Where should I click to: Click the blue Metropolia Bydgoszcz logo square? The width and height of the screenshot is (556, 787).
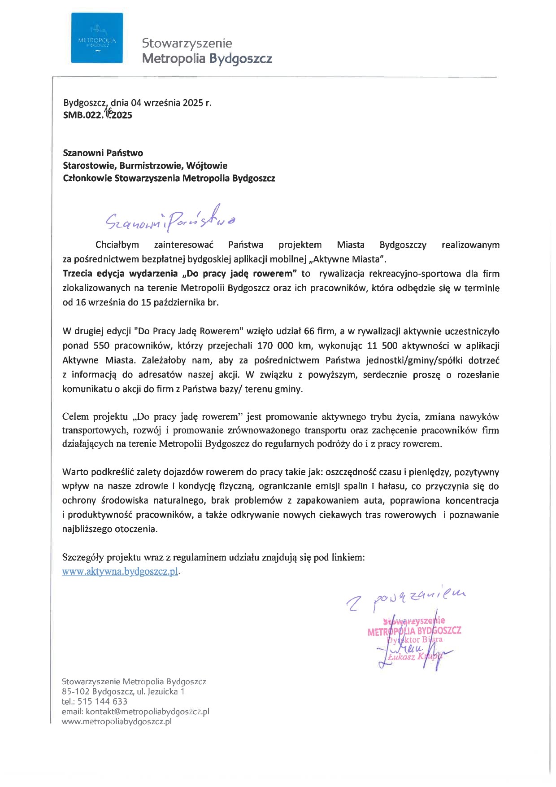tap(97, 38)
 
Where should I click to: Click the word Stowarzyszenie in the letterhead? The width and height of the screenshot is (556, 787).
tap(187, 43)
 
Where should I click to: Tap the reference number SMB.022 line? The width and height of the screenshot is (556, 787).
tap(98, 115)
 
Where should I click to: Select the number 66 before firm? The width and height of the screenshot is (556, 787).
tap(309, 332)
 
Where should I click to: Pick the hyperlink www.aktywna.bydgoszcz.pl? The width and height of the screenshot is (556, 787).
tap(120, 572)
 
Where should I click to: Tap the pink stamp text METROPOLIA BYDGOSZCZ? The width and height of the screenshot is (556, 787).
tap(414, 631)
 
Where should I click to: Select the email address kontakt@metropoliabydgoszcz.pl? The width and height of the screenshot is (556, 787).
tap(148, 712)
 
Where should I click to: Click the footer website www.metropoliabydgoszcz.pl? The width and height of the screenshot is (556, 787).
tap(117, 721)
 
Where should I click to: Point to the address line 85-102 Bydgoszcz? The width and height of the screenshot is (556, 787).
tap(123, 691)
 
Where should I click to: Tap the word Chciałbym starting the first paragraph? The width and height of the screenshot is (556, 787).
tap(117, 245)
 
